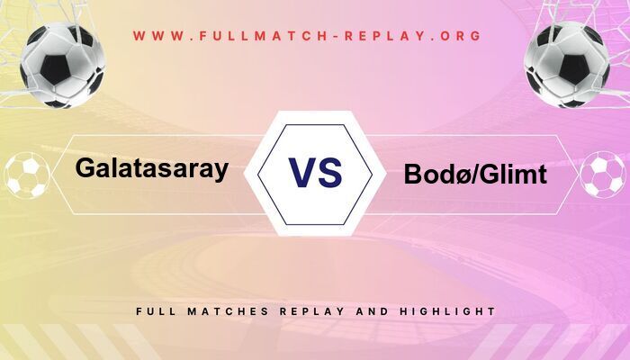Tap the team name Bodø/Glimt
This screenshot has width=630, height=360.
475,175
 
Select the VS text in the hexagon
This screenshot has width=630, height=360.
315,172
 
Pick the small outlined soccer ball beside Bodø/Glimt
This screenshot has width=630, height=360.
602,175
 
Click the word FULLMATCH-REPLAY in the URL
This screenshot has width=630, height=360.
307,37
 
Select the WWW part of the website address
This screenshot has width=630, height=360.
156,37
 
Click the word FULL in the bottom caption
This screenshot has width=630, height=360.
154,311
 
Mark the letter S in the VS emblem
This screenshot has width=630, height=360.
330,172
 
